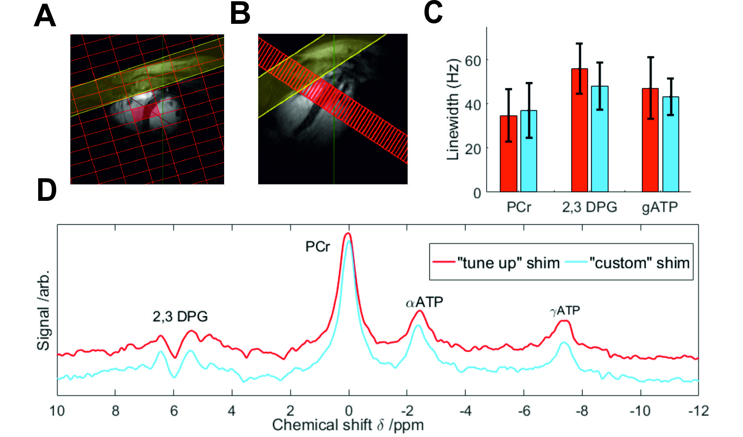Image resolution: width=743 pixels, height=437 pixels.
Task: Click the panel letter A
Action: [45, 16]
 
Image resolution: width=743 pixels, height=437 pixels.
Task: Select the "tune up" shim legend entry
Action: [497, 262]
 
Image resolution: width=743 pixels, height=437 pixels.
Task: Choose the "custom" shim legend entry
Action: [628, 262]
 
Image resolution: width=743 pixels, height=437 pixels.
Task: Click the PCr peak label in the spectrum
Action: [317, 246]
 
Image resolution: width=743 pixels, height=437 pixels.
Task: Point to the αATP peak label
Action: [424, 302]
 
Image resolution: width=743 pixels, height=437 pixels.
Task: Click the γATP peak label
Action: [565, 310]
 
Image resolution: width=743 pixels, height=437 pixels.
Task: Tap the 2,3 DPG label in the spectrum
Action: [180, 316]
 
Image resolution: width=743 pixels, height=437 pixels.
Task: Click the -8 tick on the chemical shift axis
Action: [582, 411]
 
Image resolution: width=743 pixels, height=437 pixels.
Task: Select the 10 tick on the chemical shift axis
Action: [57, 411]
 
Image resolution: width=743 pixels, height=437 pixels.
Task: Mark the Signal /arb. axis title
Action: [44, 310]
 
